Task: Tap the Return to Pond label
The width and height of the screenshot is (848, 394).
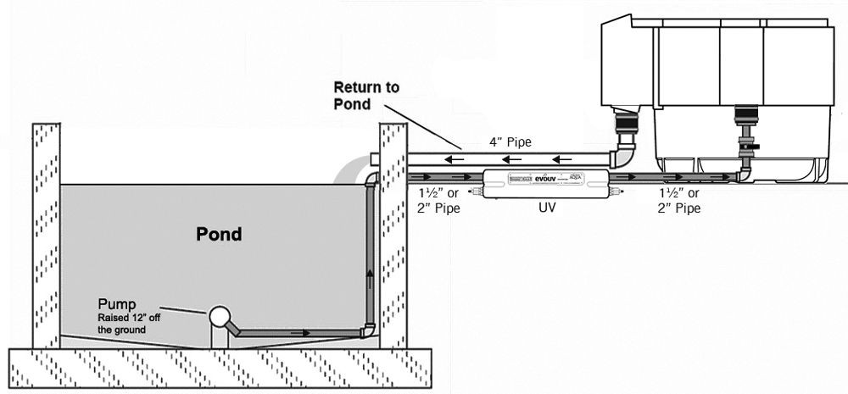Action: (365, 96)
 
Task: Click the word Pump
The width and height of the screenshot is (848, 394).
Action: (114, 302)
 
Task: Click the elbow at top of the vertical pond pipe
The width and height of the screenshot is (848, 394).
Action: (371, 180)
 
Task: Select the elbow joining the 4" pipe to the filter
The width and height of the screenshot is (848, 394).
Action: (626, 155)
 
